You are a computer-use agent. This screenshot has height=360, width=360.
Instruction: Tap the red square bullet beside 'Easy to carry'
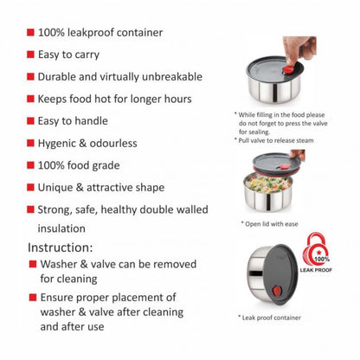point(30,55)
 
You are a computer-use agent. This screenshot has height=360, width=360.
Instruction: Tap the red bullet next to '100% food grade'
point(30,165)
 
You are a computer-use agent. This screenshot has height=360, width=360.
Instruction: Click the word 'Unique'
point(55,188)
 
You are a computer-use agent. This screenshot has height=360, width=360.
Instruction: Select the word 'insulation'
point(61,228)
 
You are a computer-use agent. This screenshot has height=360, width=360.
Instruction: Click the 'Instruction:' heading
point(61,247)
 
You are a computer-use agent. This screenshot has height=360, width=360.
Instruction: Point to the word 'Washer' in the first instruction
point(59,264)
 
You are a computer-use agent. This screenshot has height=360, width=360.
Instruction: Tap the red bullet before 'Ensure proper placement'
point(33,298)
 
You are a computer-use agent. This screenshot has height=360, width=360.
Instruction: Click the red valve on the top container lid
point(287,69)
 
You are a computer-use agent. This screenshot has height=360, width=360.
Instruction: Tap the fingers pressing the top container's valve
point(299,48)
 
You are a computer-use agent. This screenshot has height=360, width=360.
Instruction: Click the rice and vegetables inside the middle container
point(267,183)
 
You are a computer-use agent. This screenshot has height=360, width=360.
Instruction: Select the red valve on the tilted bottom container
point(277,291)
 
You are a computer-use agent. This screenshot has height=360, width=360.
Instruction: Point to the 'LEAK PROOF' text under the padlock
point(316,270)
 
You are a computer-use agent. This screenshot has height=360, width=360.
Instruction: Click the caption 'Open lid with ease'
point(270,224)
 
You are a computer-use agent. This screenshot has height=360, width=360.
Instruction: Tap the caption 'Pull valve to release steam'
point(274,140)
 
